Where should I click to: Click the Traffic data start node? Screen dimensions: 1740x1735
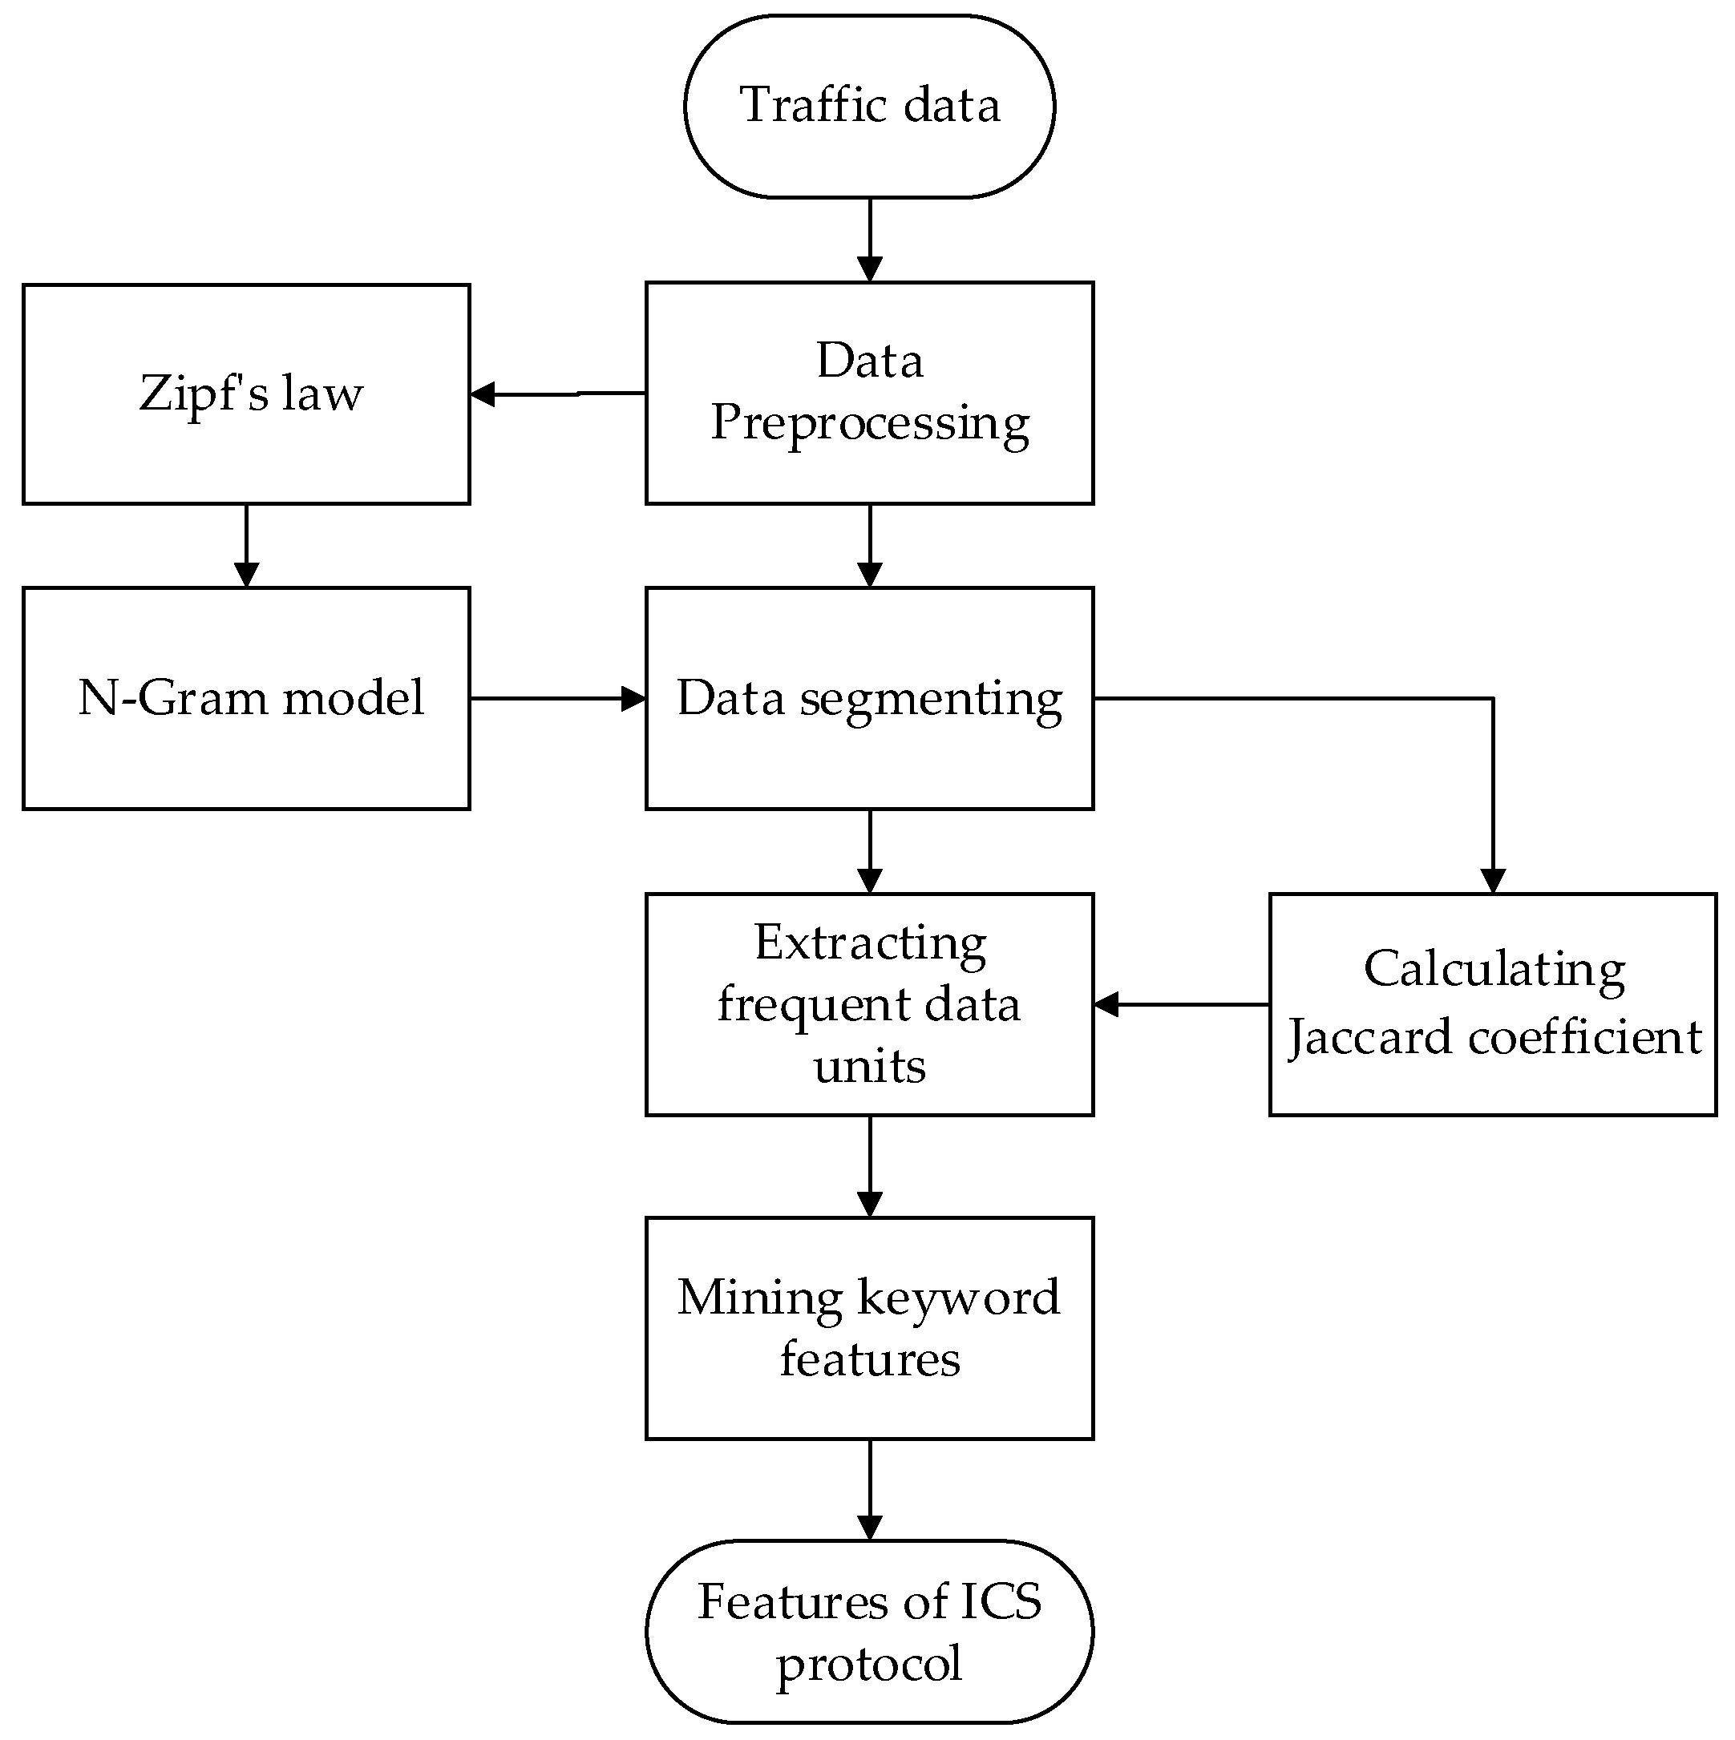point(868,107)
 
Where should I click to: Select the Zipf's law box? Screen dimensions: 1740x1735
point(246,394)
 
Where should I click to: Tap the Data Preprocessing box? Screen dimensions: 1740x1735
point(868,393)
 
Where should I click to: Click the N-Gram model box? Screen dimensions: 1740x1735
point(246,698)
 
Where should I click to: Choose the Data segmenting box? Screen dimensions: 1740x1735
point(868,698)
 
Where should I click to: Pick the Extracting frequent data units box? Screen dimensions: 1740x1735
point(868,1004)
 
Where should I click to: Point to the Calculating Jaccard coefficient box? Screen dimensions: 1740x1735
point(1493,1004)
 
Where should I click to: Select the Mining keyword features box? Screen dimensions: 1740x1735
point(868,1327)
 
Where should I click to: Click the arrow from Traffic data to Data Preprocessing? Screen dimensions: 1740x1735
point(868,239)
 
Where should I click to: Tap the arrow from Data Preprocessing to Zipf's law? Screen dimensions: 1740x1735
point(559,394)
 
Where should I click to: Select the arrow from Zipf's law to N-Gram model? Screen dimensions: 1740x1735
point(246,545)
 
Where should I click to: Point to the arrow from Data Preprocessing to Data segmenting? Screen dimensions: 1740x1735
point(868,545)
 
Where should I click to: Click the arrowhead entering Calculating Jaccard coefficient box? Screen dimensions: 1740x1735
point(1493,881)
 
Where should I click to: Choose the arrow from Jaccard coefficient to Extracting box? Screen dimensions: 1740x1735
point(1180,1004)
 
